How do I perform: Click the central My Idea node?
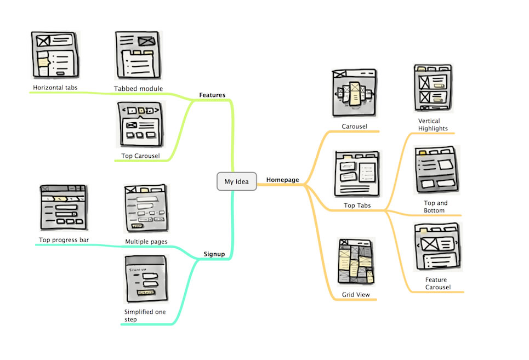click(236, 182)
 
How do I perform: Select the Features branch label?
click(212, 95)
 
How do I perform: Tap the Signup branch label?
click(214, 254)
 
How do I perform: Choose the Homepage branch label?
click(282, 180)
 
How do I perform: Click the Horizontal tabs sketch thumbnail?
click(55, 55)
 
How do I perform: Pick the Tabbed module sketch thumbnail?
click(139, 55)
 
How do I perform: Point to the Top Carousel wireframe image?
click(140, 124)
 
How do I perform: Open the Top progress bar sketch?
click(64, 207)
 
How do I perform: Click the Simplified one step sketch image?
click(146, 279)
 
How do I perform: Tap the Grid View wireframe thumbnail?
click(356, 262)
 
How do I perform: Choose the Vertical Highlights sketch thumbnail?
click(432, 88)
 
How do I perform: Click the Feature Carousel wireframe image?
click(437, 247)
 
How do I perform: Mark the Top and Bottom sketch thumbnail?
click(436, 169)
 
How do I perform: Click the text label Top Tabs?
click(357, 206)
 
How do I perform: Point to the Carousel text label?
click(354, 127)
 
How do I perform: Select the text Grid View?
click(356, 295)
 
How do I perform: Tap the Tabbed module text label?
click(138, 89)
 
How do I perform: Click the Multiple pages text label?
click(146, 242)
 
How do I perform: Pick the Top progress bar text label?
click(64, 240)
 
